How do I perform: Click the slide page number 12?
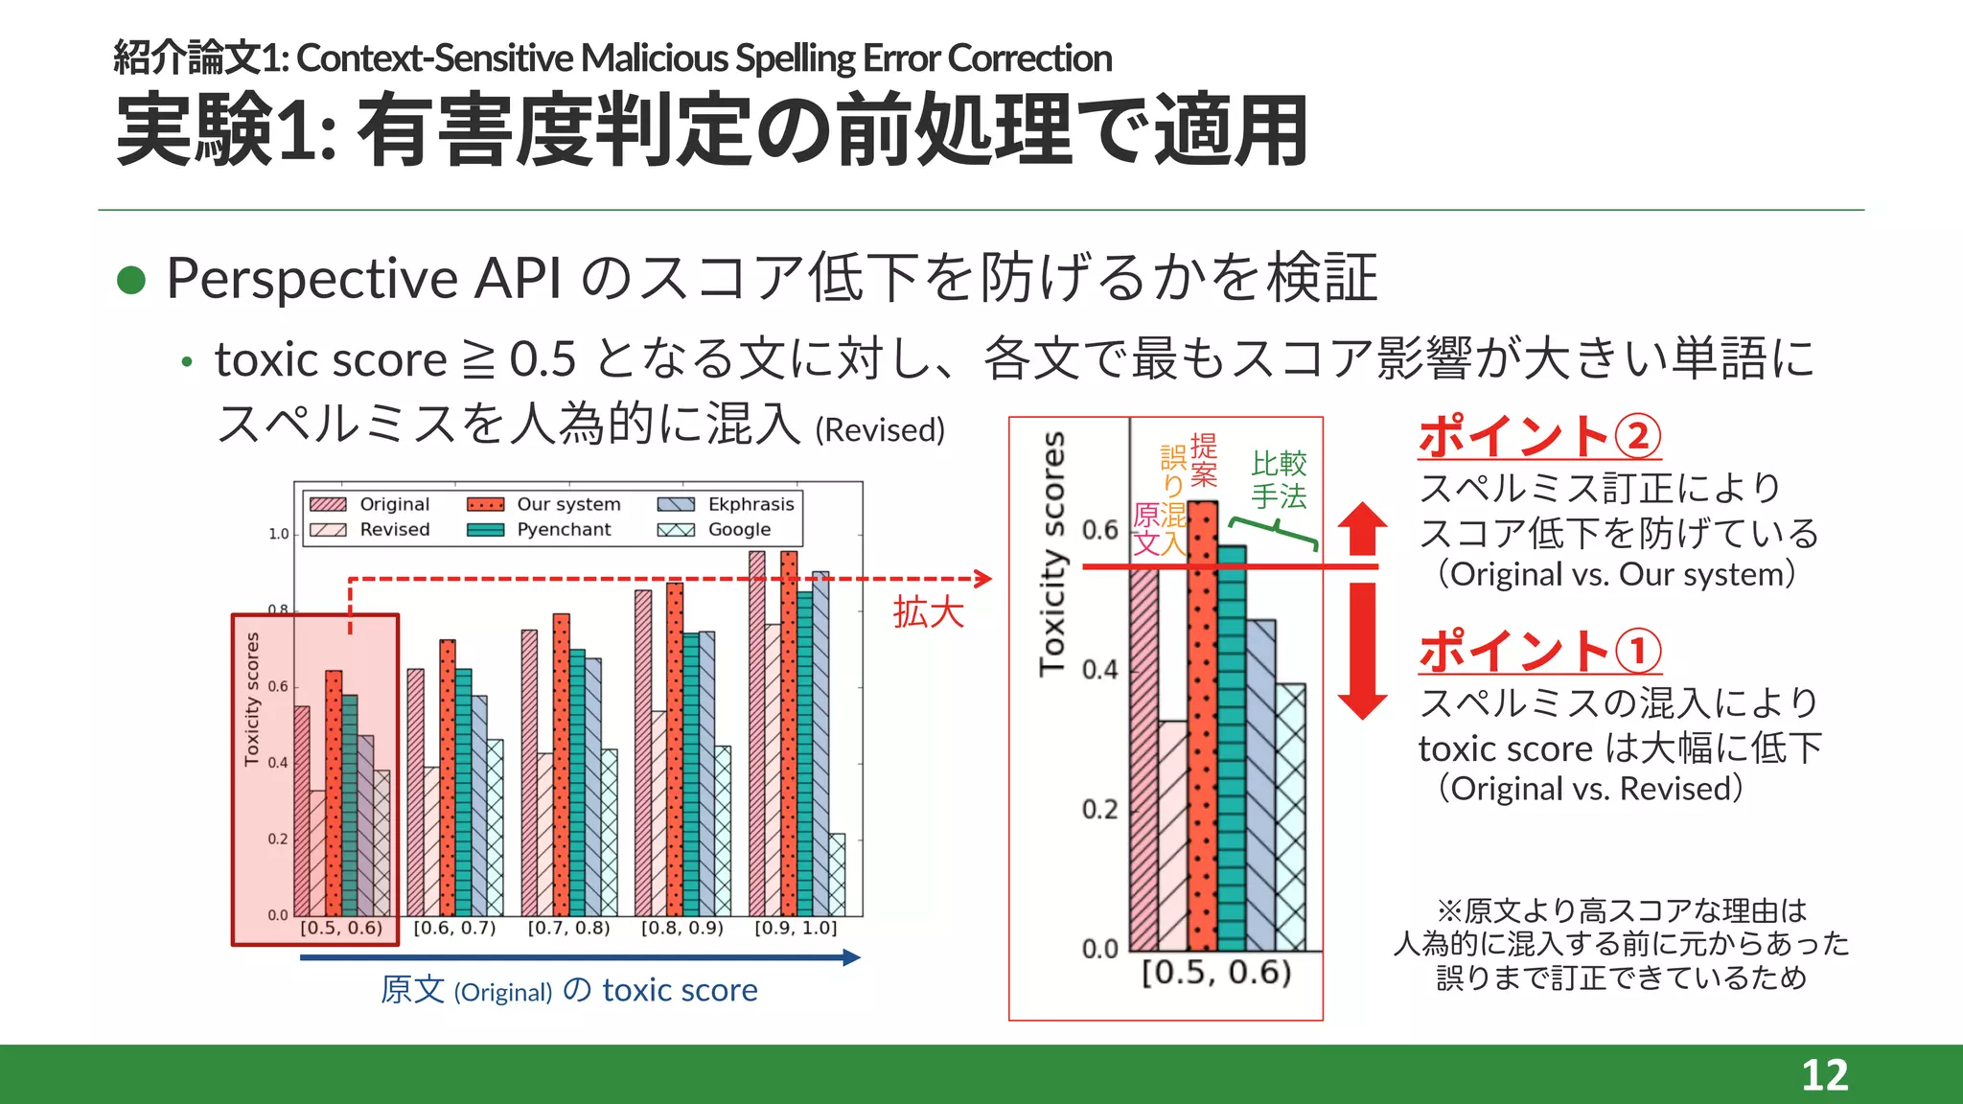pos(1824,1075)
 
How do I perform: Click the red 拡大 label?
pos(928,611)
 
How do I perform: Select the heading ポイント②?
pos(1538,436)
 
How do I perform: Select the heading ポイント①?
pos(1538,651)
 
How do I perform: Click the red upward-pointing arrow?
pos(1362,528)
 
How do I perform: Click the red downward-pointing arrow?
pos(1362,652)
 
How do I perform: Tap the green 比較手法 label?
pos(1279,480)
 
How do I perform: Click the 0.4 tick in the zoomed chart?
pos(1099,669)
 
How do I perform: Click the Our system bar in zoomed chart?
pos(1203,728)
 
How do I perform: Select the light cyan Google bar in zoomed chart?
pos(1290,815)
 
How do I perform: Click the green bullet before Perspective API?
pos(130,280)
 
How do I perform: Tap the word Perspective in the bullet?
pos(312,280)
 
